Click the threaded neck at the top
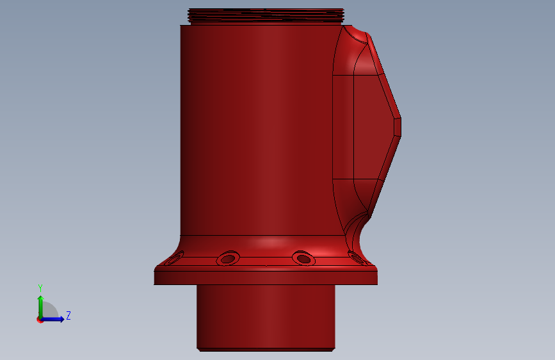[266, 16]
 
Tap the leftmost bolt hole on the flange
[175, 258]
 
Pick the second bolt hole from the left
[228, 258]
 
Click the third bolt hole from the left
[303, 258]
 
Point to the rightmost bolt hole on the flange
[357, 258]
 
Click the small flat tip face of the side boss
[398, 127]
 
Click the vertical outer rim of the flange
[266, 278]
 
